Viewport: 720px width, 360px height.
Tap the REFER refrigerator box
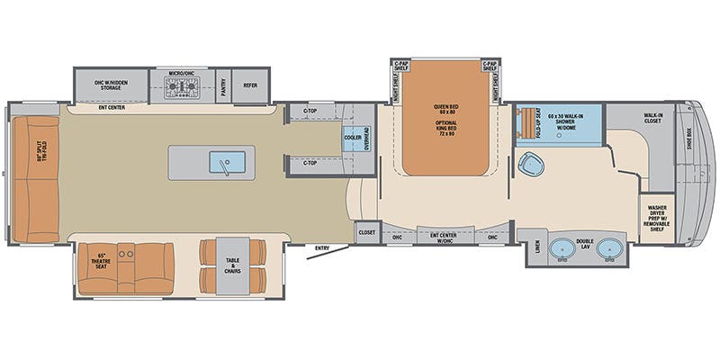[x=251, y=86]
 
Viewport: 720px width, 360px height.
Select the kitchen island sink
[x=220, y=162]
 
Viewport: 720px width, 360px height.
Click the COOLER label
[x=353, y=138]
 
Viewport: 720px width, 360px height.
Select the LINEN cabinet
[x=536, y=247]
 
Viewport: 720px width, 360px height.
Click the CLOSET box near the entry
[x=366, y=232]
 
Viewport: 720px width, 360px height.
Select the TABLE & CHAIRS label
[x=233, y=265]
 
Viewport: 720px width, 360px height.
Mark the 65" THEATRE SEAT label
[x=103, y=263]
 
